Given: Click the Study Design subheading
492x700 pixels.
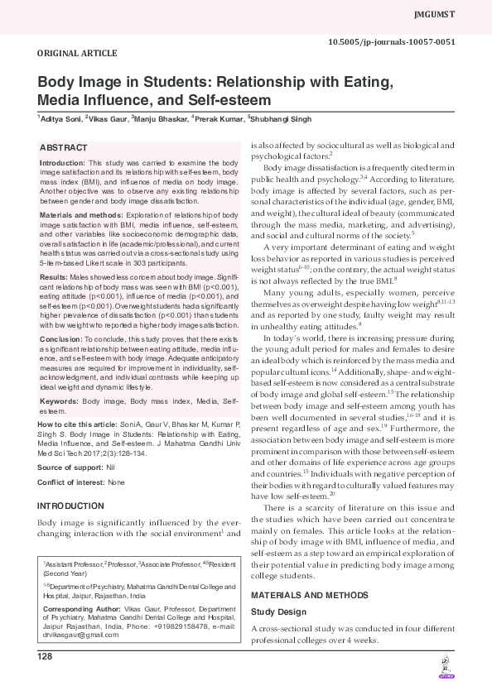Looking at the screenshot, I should coord(278,611).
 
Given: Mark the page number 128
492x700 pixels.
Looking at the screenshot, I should coord(45,656).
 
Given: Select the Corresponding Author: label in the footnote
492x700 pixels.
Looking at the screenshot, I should coord(81,608).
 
